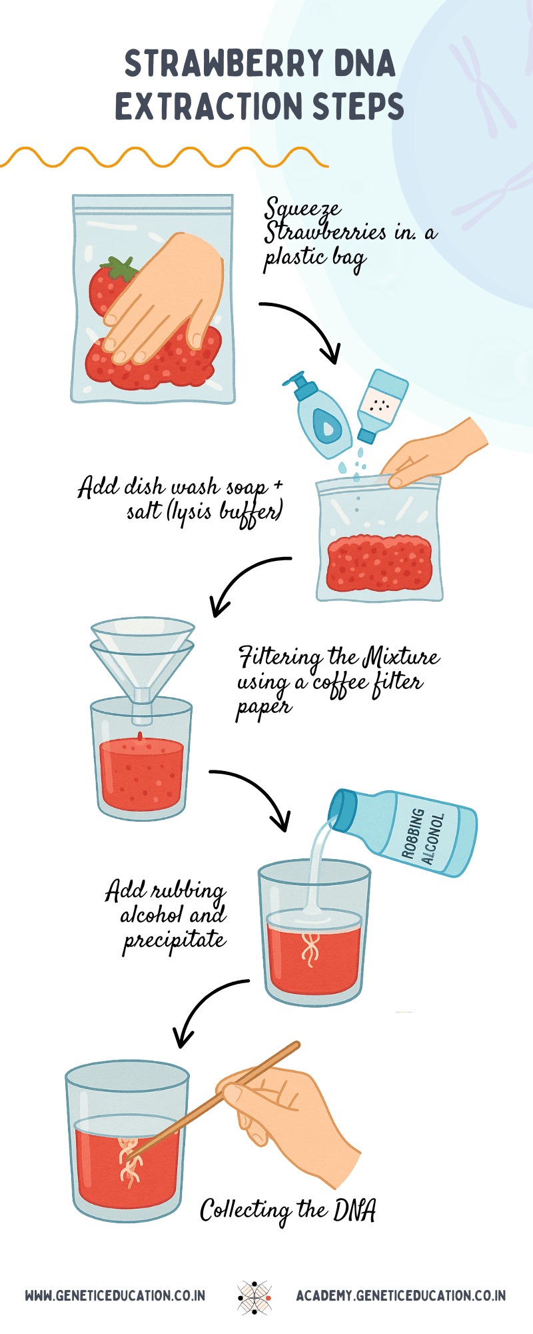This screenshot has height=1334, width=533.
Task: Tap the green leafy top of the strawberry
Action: (x=122, y=268)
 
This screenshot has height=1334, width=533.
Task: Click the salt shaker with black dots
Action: (x=381, y=404)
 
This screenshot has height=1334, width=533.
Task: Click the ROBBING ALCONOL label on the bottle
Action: (x=423, y=834)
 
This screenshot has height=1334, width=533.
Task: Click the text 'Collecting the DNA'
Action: (x=288, y=1211)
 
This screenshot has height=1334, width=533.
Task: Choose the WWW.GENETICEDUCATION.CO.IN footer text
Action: (x=115, y=1296)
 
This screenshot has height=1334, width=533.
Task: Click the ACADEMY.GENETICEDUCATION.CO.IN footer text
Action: (x=400, y=1296)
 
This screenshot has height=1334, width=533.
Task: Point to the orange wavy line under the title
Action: (x=163, y=158)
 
